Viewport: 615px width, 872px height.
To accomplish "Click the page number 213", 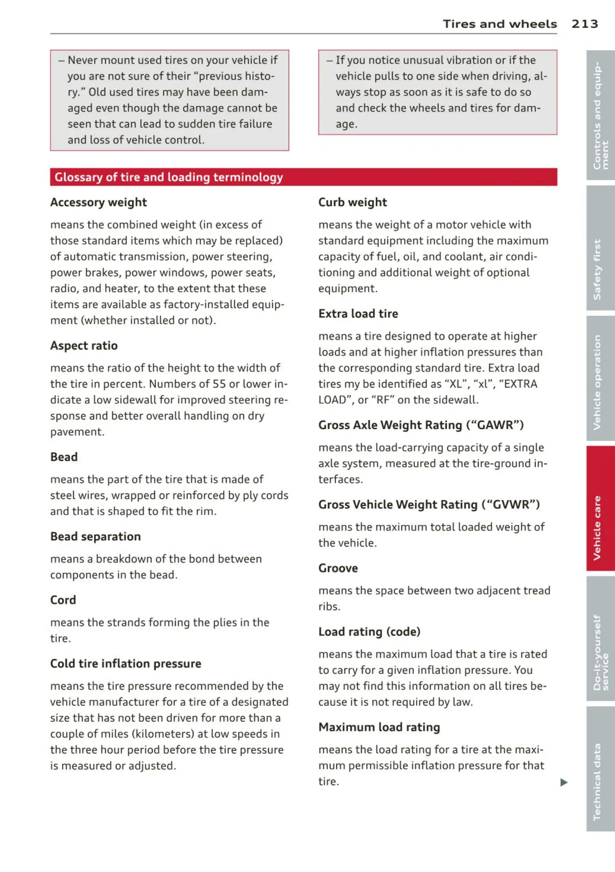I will click(585, 24).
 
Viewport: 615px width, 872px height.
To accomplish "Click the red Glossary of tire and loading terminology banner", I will click(303, 177).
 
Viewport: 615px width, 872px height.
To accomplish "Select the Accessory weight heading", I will click(98, 202).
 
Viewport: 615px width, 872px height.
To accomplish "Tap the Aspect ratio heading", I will click(84, 346).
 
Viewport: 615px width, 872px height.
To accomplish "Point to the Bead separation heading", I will click(96, 536).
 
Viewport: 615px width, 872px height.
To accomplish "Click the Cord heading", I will click(63, 600).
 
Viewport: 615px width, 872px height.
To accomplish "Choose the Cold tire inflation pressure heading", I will click(126, 663).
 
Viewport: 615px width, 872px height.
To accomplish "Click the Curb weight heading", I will click(352, 202).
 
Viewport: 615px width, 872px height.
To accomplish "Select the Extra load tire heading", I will click(358, 314).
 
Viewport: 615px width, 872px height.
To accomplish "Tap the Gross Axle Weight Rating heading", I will click(421, 425).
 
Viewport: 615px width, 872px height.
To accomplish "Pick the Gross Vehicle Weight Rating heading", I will click(429, 504).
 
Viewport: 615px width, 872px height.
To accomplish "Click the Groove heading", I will click(338, 568).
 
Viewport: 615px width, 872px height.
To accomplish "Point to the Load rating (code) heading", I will click(369, 631).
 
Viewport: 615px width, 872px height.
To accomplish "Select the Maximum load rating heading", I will click(379, 727).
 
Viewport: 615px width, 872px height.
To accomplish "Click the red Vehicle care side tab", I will click(600, 508).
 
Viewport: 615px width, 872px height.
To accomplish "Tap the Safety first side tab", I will click(600, 248).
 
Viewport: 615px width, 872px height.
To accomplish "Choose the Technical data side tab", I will click(600, 768).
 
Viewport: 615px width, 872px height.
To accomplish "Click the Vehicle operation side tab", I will click(600, 378).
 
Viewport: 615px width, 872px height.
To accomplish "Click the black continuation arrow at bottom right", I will click(564, 782).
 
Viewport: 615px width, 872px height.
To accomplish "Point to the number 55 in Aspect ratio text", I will click(219, 384).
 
